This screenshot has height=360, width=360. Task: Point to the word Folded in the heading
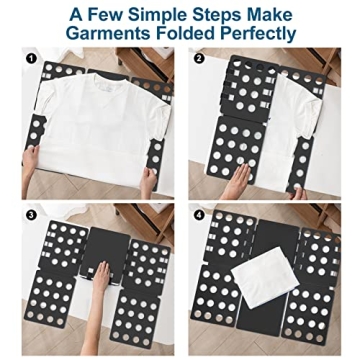click(185, 34)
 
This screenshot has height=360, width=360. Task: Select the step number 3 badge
click(32, 212)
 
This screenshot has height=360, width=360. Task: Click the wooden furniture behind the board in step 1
click(100, 58)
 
